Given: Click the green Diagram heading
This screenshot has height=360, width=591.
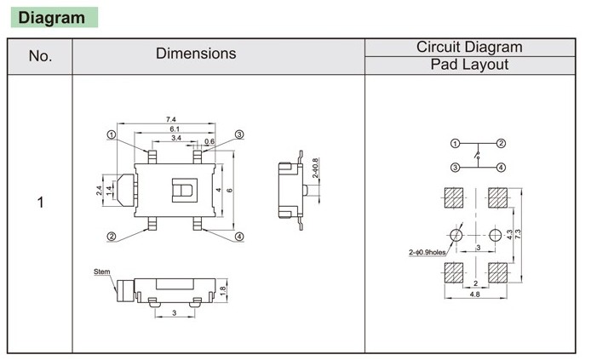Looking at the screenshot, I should (52, 18).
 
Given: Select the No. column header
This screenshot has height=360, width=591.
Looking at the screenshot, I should (40, 56).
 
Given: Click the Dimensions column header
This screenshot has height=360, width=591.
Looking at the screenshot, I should (196, 54).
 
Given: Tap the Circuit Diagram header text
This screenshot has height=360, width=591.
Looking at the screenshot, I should (469, 47).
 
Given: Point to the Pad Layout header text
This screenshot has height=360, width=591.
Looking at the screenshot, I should (469, 65).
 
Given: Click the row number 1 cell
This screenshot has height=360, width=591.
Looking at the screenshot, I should (40, 204).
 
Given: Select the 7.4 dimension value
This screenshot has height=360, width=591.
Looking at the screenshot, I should (172, 119).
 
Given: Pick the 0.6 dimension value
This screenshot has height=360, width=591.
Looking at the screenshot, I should (209, 141).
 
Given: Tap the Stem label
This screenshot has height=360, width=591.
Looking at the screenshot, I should (102, 271).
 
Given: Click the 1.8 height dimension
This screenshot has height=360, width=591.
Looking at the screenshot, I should (223, 289).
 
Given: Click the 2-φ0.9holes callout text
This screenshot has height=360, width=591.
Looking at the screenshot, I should (427, 252).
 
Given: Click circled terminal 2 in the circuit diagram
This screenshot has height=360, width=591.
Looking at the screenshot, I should (502, 143).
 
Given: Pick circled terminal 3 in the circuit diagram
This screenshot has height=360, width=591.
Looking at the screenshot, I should (456, 167).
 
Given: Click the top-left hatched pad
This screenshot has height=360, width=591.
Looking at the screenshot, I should (455, 197).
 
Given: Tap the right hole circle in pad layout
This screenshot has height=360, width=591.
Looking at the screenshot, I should (496, 233).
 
